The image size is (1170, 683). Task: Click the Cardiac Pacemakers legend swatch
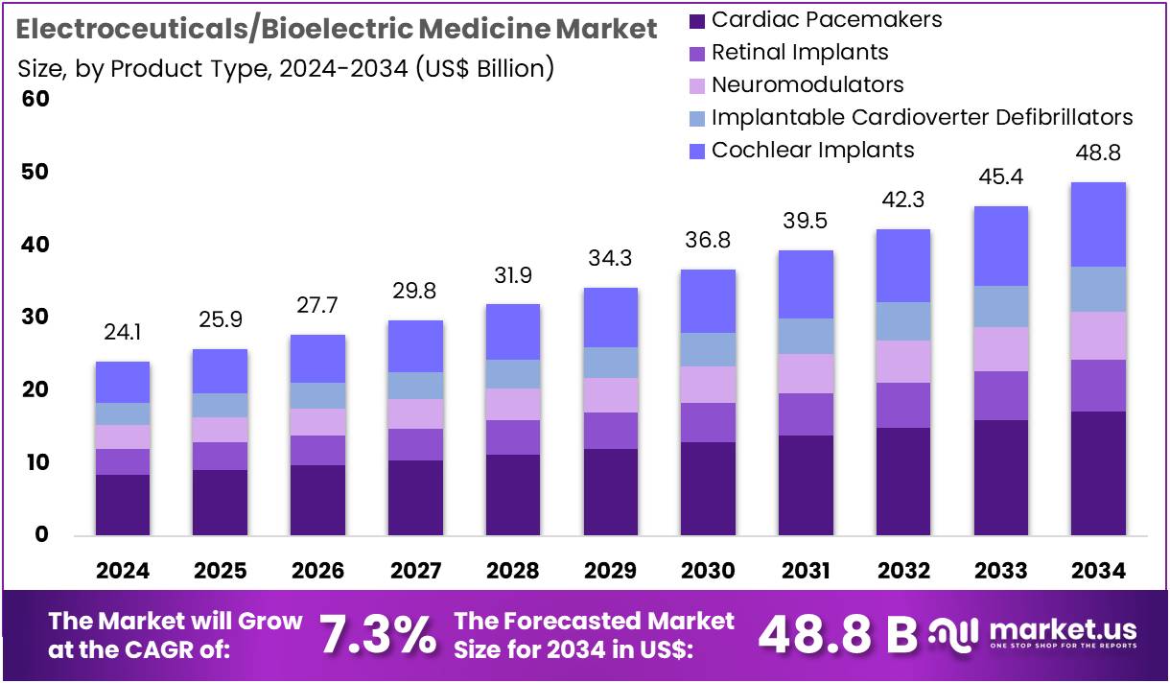[x=698, y=20]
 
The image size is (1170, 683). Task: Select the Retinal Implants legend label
[x=800, y=52]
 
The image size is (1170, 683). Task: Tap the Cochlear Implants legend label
[x=812, y=150]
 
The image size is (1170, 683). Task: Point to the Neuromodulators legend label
[x=807, y=84]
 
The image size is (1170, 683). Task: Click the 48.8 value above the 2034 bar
[x=1098, y=153]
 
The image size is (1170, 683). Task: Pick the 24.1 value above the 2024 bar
[x=123, y=334]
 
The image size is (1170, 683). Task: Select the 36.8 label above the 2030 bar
[x=708, y=241]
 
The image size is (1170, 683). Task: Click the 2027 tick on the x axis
[x=416, y=571]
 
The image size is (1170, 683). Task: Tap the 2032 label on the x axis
[x=903, y=571]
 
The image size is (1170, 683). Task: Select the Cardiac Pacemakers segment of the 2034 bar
[x=1098, y=473]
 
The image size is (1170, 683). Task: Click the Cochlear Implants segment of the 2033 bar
[x=1000, y=246]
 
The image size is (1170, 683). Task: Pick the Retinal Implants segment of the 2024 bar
[x=123, y=461]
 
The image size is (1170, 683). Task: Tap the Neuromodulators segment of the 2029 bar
[x=611, y=395]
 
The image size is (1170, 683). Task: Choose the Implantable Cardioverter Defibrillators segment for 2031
[x=806, y=336]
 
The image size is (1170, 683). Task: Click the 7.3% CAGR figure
[x=376, y=633]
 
